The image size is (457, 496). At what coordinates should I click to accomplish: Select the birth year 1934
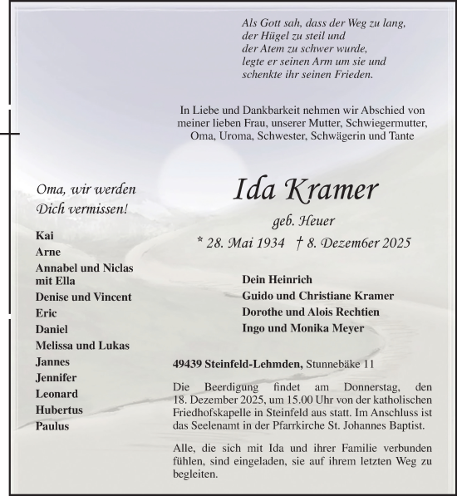click(x=272, y=243)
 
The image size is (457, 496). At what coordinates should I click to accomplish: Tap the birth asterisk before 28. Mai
click(x=201, y=243)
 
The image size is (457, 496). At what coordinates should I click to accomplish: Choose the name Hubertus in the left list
click(x=57, y=410)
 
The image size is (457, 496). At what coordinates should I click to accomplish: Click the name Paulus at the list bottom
click(x=52, y=425)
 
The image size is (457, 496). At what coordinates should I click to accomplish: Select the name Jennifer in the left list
click(x=56, y=378)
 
